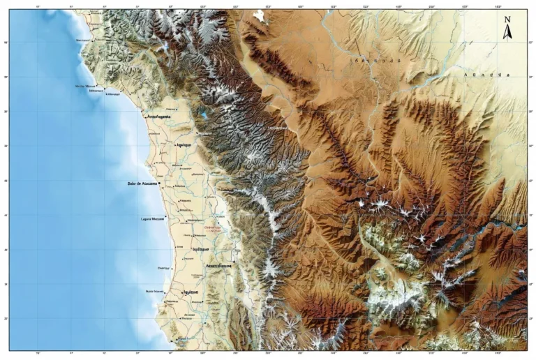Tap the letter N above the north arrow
(507, 20)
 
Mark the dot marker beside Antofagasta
(144, 117)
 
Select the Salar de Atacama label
(142, 183)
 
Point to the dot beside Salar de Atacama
(160, 183)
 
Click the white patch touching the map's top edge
(260, 15)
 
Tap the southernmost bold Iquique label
(191, 292)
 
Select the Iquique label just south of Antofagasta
(184, 144)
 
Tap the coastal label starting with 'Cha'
(163, 267)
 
